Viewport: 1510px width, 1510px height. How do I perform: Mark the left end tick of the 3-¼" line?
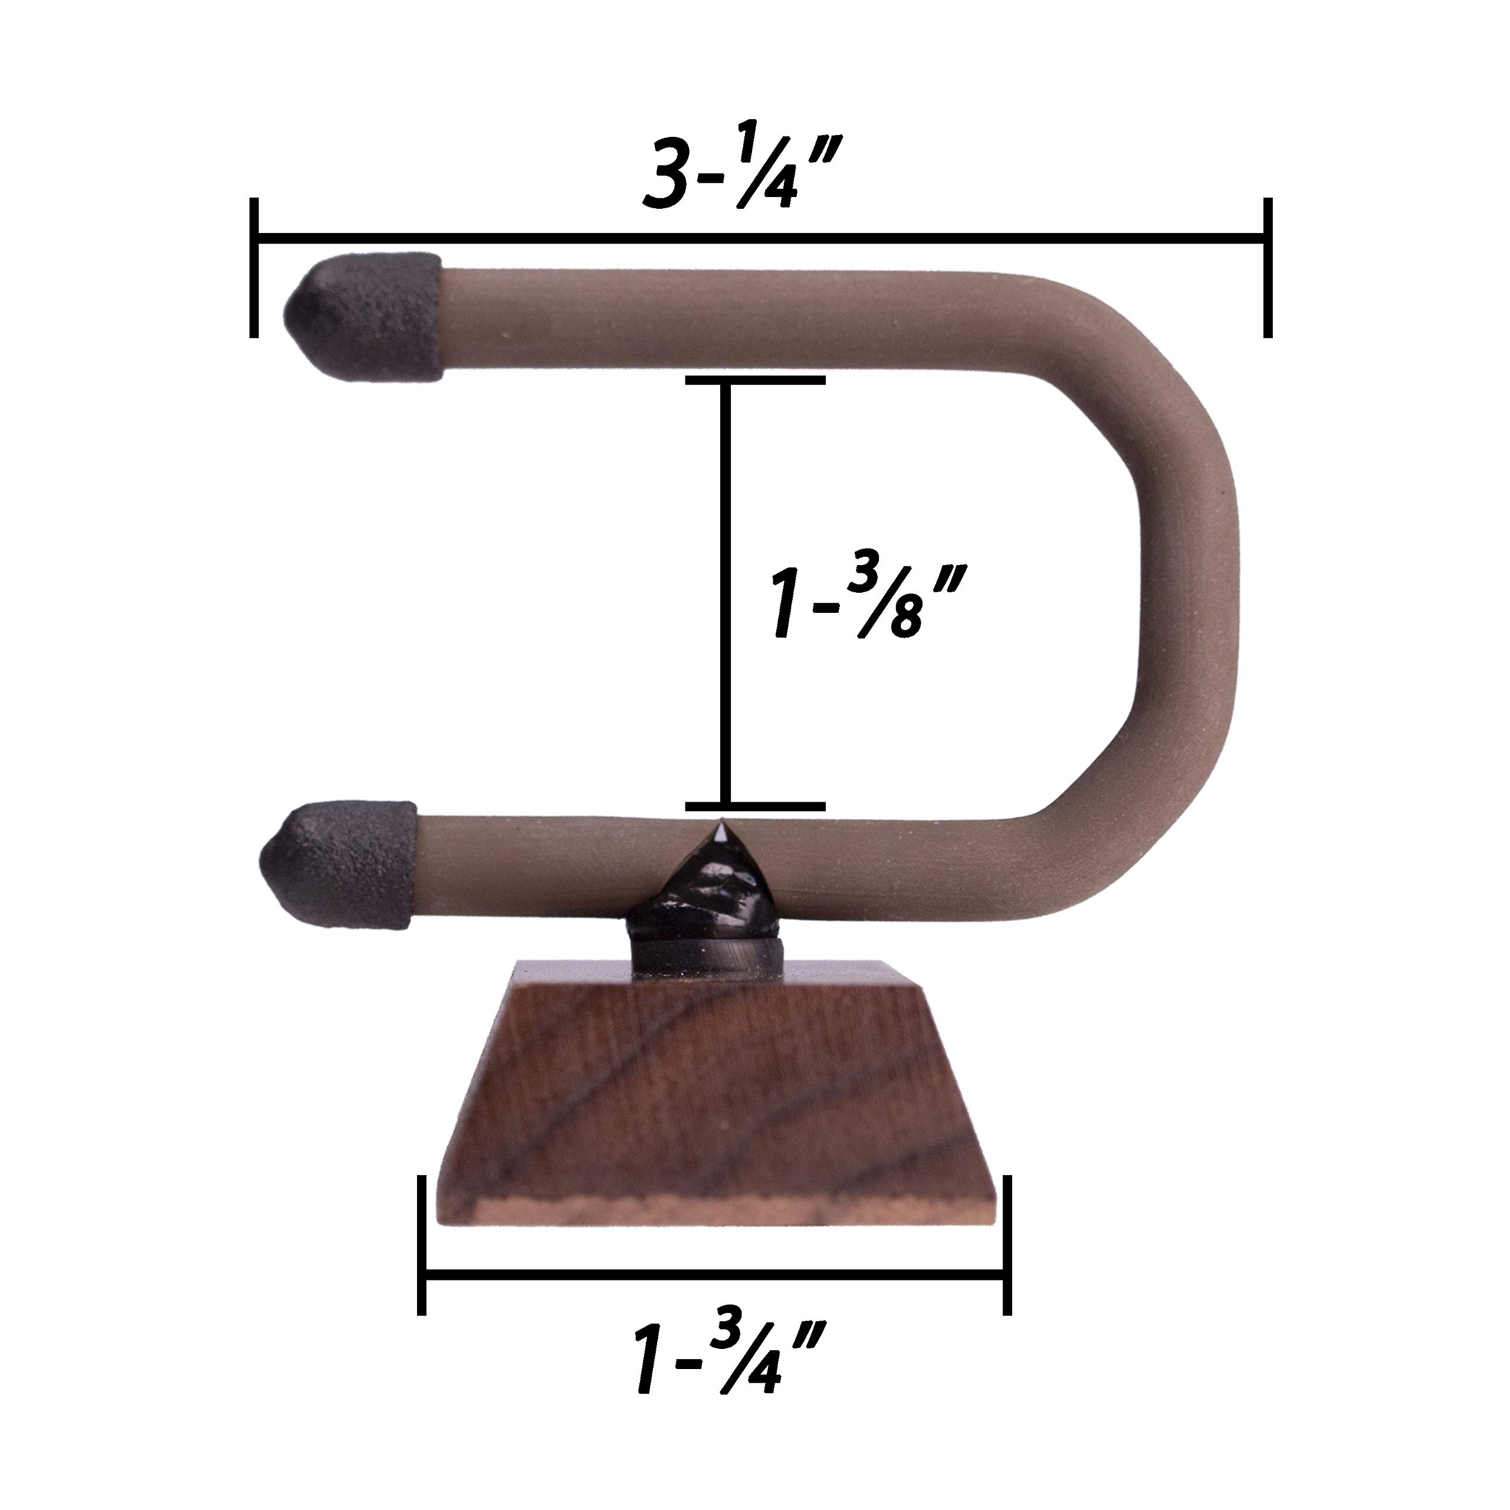pyautogui.click(x=254, y=267)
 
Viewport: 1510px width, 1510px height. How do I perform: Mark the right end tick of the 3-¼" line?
pyautogui.click(x=1268, y=267)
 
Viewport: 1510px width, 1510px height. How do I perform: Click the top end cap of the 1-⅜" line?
pyautogui.click(x=755, y=380)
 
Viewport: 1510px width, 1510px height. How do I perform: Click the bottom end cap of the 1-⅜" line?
pyautogui.click(x=755, y=805)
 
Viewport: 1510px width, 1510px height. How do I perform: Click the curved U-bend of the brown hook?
pyautogui.click(x=1180, y=547)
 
